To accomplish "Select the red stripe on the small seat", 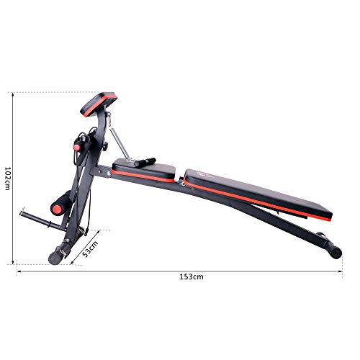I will coord(144,176).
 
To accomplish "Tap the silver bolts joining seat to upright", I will coord(109,172).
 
